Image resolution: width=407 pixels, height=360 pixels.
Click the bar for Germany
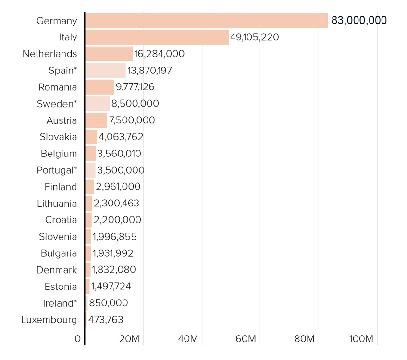[x=207, y=21]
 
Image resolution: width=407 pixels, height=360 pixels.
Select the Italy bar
[x=157, y=37]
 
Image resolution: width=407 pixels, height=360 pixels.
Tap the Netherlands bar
[x=109, y=54]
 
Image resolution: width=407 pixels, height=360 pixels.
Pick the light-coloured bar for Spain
[x=106, y=70]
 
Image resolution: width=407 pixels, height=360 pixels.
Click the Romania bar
[x=99, y=87]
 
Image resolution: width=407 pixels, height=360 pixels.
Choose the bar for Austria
[x=96, y=120]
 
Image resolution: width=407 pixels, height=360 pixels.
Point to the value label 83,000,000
[x=359, y=20]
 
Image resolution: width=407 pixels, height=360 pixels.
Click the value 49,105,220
[x=254, y=37]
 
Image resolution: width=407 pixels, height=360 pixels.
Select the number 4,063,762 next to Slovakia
[x=121, y=137]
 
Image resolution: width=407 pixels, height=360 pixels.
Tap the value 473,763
[x=106, y=320]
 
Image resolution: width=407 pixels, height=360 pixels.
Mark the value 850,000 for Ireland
[x=109, y=303]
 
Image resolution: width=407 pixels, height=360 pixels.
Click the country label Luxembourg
[x=49, y=320]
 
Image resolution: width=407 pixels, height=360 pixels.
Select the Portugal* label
[x=57, y=170]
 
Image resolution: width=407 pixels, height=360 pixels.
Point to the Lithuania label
[x=57, y=204]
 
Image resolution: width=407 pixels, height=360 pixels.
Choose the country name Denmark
[x=57, y=270]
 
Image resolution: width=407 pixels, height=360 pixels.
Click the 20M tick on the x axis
[x=129, y=339]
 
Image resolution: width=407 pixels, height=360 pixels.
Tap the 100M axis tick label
[x=361, y=339]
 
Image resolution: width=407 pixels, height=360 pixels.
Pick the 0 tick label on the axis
[x=78, y=339]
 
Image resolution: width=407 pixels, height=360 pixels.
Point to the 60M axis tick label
[x=246, y=339]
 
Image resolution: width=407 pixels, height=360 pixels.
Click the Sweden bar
[x=98, y=104]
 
